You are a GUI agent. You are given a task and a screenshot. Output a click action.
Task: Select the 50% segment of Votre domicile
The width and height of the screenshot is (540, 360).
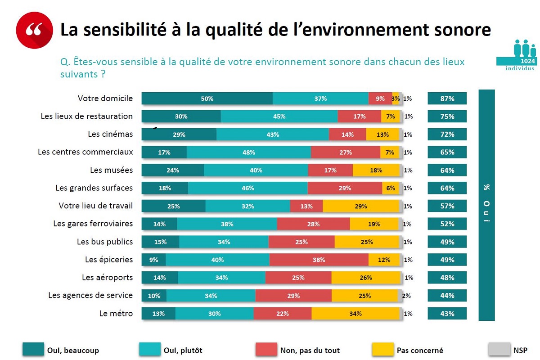pyautogui.click(x=207, y=99)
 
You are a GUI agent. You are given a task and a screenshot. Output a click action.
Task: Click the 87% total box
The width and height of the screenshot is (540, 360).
pyautogui.click(x=447, y=99)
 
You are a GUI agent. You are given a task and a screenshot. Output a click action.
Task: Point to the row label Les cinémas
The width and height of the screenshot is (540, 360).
pyautogui.click(x=110, y=134)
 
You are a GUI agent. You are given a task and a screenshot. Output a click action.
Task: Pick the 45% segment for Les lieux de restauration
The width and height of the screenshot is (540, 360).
pyautogui.click(x=279, y=117)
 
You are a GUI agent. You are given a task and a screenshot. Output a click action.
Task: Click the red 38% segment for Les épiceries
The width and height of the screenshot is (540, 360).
pyautogui.click(x=319, y=260)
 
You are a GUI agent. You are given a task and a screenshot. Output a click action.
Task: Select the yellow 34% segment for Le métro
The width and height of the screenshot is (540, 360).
pyautogui.click(x=355, y=314)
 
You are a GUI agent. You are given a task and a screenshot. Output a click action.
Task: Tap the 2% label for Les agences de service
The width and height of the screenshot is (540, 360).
pyautogui.click(x=406, y=296)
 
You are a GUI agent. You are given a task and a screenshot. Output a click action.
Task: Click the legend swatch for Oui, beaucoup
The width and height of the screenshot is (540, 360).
pyautogui.click(x=33, y=350)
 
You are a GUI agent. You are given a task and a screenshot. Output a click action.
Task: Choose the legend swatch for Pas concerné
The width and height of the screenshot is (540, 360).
pyautogui.click(x=382, y=350)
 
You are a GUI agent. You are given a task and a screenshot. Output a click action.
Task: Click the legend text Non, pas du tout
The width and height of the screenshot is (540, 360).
pyautogui.click(x=310, y=350)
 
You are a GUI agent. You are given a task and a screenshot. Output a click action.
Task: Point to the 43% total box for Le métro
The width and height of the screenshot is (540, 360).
pyautogui.click(x=447, y=314)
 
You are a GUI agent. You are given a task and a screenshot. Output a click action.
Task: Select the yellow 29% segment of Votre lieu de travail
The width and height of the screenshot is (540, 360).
pyautogui.click(x=361, y=206)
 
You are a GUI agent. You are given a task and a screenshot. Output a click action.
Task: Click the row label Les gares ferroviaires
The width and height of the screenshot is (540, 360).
pyautogui.click(x=93, y=224)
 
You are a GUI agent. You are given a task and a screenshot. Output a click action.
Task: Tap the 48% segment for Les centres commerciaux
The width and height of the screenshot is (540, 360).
pyautogui.click(x=248, y=153)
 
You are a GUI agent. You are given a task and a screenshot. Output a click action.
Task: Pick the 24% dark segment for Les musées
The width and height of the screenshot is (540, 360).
pyautogui.click(x=173, y=170)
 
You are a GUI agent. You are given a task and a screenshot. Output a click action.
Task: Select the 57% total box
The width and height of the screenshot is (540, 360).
pyautogui.click(x=447, y=206)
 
